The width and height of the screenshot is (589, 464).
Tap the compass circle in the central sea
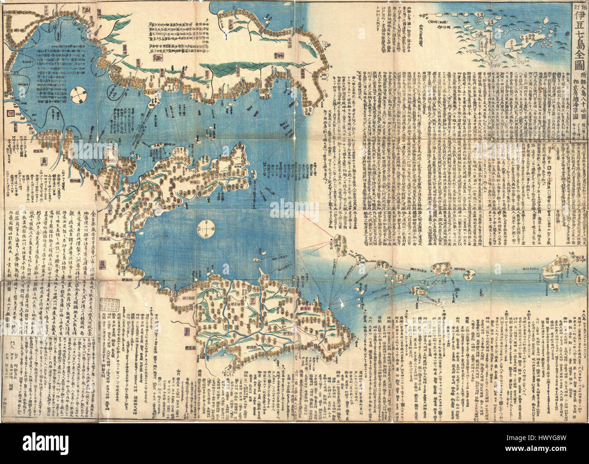(206, 227)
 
